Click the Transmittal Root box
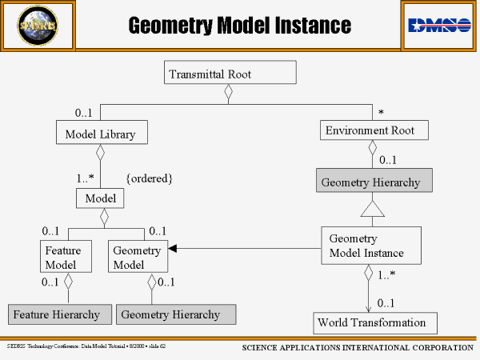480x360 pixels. [231, 74]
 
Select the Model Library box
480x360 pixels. [101, 133]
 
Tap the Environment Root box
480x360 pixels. [370, 130]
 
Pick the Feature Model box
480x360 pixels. [61, 258]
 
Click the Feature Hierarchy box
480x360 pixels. [57, 314]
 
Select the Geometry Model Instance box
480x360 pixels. [370, 246]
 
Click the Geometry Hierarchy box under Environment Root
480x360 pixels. [374, 182]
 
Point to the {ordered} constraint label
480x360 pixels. [150, 178]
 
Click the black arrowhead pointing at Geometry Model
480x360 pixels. [172, 249]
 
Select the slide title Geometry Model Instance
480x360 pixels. [240, 26]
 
